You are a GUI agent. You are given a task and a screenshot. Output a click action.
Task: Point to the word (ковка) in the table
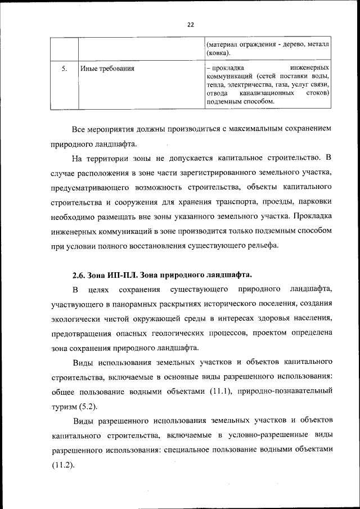218,53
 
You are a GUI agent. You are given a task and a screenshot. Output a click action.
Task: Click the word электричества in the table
245,84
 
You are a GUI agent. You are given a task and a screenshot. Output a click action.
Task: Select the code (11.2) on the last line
62,465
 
